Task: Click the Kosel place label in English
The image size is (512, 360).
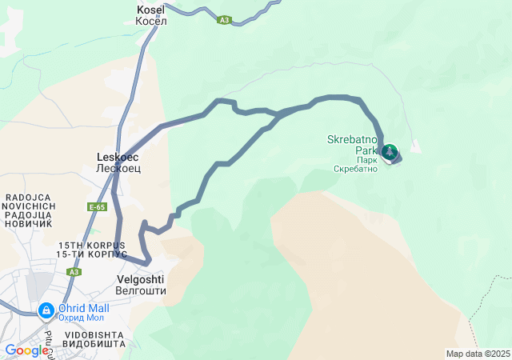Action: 151,9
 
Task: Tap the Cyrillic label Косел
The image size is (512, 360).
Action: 151,20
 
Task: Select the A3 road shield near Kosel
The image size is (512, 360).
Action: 225,21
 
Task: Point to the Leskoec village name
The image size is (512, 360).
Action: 118,158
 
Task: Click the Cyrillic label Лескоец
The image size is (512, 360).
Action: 118,169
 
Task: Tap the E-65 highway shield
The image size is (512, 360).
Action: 98,207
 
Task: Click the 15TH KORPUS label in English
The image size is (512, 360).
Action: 92,244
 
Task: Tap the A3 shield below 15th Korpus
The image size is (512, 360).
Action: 74,272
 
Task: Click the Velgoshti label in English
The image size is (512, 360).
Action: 140,279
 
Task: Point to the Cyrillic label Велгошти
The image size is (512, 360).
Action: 140,291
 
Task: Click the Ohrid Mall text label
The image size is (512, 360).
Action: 83,308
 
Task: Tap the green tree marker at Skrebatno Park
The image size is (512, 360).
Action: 390,152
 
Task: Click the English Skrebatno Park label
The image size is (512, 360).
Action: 352,144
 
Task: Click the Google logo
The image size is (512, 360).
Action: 26,350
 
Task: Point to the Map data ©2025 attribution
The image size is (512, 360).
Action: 478,354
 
